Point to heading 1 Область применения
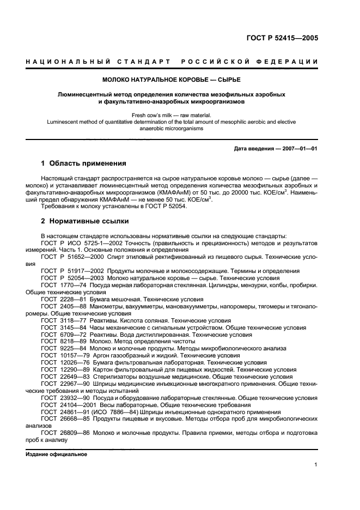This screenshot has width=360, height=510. (84, 163)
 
